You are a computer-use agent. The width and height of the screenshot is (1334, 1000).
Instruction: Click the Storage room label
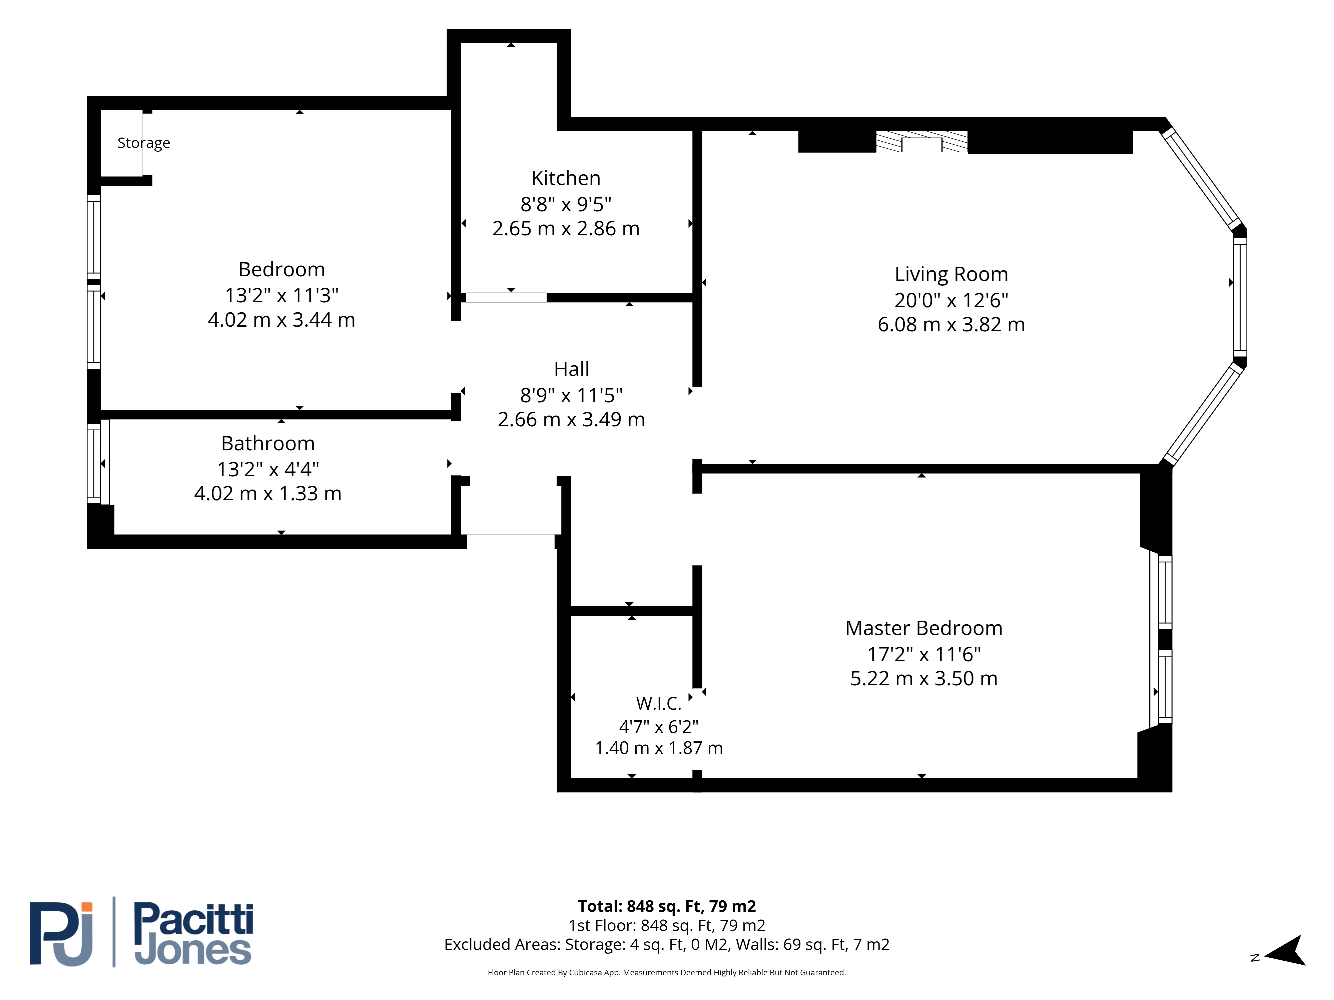tap(143, 143)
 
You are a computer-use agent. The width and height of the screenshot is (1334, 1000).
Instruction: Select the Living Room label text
tap(951, 274)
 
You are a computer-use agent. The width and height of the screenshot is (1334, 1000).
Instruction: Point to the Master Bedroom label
tap(923, 628)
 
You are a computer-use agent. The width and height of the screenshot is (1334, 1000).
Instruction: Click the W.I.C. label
tap(659, 703)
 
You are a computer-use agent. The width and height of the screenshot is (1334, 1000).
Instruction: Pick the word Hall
tap(571, 369)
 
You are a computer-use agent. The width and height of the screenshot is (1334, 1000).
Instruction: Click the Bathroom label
tap(268, 444)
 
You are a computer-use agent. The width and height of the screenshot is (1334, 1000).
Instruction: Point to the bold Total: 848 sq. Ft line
tap(666, 906)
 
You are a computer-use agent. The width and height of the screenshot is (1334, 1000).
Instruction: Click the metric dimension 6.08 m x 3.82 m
tap(951, 324)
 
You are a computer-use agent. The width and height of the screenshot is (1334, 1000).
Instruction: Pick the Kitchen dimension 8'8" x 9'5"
tap(566, 204)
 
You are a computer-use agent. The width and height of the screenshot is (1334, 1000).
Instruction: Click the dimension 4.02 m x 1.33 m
tap(268, 494)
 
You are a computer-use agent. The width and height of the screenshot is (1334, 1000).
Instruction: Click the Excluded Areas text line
tap(666, 945)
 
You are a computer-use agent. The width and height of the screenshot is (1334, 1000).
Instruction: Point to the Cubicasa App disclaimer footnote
tap(666, 972)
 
